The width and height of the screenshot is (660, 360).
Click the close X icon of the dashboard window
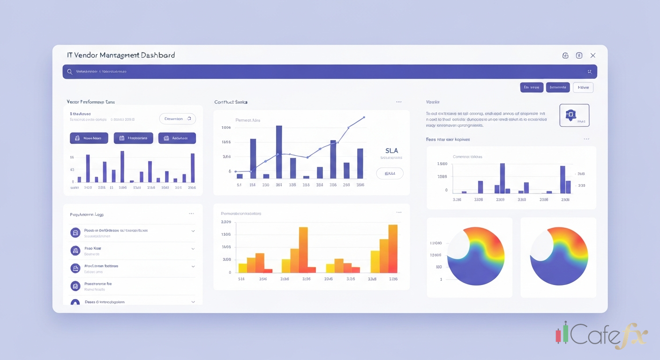pos(593,55)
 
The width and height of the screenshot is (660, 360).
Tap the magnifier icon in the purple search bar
pos(69,72)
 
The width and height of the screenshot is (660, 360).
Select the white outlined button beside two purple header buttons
pos(583,87)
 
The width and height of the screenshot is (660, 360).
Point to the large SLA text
pos(391,150)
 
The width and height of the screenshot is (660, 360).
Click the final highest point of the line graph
pos(364,117)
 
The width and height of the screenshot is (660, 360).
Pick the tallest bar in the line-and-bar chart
pos(279,152)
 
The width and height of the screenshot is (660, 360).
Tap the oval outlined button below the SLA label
pos(390,173)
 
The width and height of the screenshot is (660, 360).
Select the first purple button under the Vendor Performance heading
pos(89,138)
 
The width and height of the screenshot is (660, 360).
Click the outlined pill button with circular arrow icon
pos(178,119)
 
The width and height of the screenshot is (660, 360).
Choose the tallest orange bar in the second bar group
pos(303,249)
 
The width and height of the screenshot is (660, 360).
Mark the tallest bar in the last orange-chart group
pos(393,248)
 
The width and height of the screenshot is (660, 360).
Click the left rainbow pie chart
pos(475,256)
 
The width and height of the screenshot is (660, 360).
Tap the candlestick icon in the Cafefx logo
pos(562,333)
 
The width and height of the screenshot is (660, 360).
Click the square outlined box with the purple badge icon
pos(574,115)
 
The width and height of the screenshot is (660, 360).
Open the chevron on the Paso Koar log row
pos(193,249)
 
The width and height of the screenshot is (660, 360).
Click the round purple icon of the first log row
pos(75,232)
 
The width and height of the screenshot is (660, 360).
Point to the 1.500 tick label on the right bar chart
pos(442,164)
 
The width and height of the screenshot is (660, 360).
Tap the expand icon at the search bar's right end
pos(589,72)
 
